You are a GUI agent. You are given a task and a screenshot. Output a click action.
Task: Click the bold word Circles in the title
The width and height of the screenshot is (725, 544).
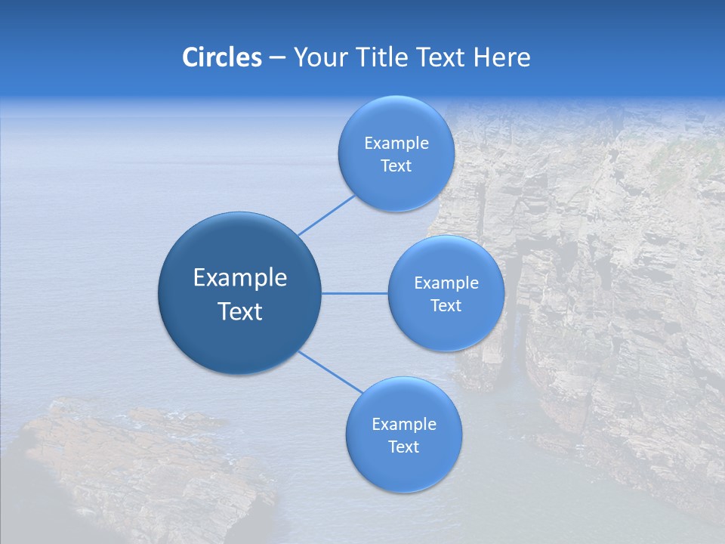click(x=221, y=57)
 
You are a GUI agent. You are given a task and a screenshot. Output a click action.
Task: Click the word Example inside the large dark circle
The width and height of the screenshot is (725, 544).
click(x=240, y=278)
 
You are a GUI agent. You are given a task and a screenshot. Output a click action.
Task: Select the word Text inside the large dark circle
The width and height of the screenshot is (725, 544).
click(x=240, y=311)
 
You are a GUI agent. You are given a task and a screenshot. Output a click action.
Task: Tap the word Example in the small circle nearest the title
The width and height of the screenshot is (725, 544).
click(x=396, y=144)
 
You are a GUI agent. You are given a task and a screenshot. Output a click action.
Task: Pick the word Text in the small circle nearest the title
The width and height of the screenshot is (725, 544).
click(x=396, y=166)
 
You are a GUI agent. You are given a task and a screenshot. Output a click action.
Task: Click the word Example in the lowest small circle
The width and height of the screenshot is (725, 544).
click(x=404, y=425)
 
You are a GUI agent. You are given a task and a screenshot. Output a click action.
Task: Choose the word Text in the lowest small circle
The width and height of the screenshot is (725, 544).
click(x=404, y=447)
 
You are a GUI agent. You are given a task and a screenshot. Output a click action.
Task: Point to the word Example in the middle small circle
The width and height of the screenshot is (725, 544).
click(x=446, y=283)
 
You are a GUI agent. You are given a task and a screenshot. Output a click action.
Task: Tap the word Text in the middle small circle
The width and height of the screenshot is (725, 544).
click(x=446, y=306)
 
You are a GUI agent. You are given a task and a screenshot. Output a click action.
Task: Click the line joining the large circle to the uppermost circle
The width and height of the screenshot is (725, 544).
click(x=326, y=215)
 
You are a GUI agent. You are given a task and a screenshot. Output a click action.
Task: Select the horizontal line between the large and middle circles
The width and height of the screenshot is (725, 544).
click(x=354, y=293)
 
